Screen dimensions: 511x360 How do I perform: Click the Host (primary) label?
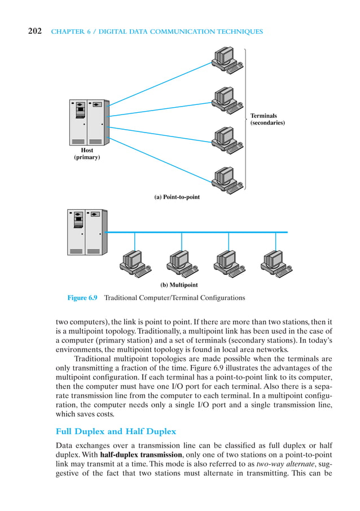[87, 154]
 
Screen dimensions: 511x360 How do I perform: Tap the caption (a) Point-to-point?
[177, 197]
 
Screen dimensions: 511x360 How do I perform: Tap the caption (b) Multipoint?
[176, 285]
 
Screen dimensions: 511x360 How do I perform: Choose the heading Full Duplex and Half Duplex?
[116, 431]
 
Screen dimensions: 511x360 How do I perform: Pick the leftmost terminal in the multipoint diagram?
[133, 261]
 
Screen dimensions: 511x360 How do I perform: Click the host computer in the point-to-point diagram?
[87, 122]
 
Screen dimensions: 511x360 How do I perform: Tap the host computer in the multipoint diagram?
[85, 232]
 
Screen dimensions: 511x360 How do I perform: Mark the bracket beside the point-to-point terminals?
[245, 119]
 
